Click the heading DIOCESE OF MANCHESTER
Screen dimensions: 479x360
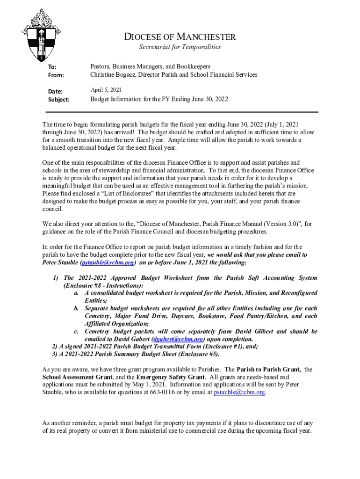coord(180,37)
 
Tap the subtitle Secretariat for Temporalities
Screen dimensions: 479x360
coord(180,47)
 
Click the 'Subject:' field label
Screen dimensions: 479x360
coord(59,100)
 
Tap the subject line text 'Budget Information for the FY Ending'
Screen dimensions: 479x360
coord(138,99)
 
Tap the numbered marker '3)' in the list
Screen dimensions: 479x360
coord(55,354)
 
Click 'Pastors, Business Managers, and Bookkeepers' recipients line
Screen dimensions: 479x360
coord(150,66)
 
